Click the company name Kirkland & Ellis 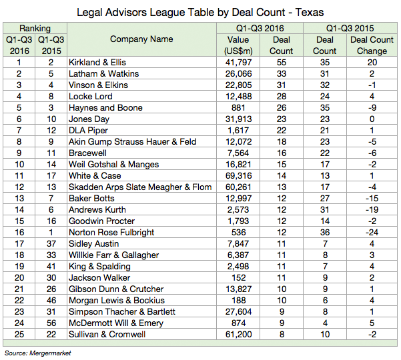[x=97, y=63]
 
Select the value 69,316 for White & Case [x=238, y=176]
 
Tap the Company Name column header [x=141, y=39]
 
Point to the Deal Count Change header [x=372, y=45]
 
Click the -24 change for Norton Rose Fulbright [x=372, y=233]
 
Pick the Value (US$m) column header [x=238, y=45]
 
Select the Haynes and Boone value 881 [x=238, y=108]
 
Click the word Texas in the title [x=310, y=12]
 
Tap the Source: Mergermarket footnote [x=37, y=353]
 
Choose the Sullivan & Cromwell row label [x=107, y=335]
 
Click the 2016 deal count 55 [x=282, y=63]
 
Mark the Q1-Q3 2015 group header [x=350, y=28]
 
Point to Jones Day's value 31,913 [x=238, y=119]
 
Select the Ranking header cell [x=35, y=28]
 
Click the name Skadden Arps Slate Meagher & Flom [x=140, y=187]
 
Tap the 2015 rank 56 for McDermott [x=51, y=323]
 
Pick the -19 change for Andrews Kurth [x=372, y=210]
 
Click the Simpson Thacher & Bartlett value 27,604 [x=238, y=312]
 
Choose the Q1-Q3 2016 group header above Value [x=260, y=28]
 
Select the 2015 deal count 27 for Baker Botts [x=325, y=199]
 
